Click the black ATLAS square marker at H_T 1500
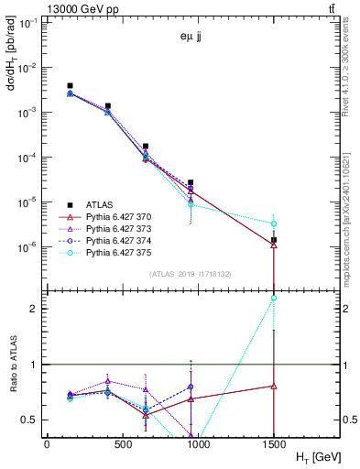274,240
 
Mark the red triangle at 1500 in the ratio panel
274,386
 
